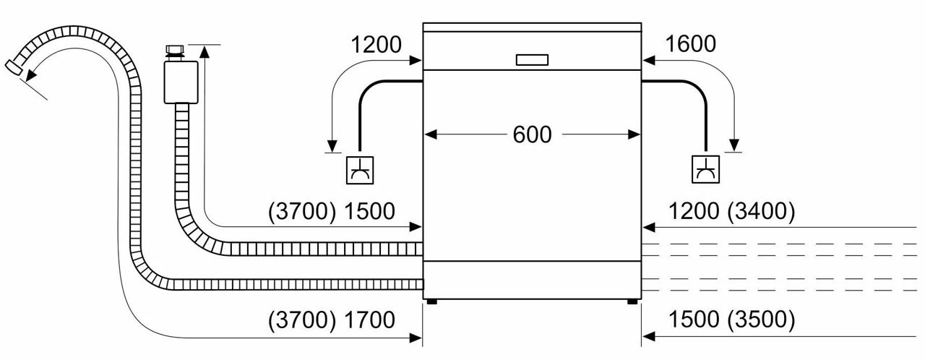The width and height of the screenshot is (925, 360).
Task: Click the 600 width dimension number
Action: [532, 134]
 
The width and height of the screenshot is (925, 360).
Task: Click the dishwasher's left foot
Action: [431, 301]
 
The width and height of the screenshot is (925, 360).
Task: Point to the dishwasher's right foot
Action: [632, 301]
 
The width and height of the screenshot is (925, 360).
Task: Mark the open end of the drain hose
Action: [12, 67]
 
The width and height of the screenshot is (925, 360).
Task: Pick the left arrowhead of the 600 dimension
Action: [429, 134]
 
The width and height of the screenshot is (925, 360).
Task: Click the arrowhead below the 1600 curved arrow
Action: [735, 143]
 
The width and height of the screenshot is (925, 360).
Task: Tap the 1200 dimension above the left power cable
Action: [376, 45]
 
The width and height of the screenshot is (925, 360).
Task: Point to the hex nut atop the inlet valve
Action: [176, 51]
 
